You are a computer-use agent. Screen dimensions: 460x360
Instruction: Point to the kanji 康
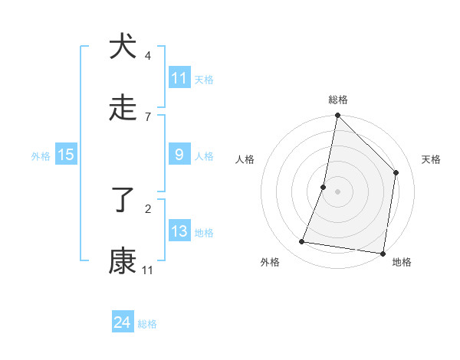[x=122, y=261]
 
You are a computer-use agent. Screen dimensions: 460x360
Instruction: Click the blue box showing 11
[x=179, y=78]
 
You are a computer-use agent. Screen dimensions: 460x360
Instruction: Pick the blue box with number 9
[x=179, y=155]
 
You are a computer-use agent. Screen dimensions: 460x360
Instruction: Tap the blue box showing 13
[x=179, y=231]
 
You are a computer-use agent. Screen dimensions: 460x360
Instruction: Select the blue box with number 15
[x=66, y=155]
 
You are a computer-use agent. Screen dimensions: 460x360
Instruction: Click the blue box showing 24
[x=123, y=322]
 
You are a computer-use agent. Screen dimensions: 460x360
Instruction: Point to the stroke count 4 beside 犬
[x=147, y=56]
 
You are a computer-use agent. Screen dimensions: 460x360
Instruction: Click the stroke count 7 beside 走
[x=147, y=116]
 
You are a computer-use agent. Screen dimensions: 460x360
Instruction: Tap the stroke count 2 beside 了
[x=147, y=208]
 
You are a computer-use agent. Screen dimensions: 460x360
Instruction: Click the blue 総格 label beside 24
[x=147, y=324]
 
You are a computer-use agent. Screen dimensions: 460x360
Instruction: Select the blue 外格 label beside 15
[x=41, y=155]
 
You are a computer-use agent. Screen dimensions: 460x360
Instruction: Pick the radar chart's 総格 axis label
[x=338, y=100]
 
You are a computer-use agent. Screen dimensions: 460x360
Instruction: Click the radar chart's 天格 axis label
[x=431, y=159]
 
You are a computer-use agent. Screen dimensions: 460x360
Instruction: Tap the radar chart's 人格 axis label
[x=245, y=159]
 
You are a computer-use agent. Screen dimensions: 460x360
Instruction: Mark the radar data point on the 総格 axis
[x=337, y=116]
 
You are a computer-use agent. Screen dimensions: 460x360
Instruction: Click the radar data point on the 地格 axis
[x=383, y=253]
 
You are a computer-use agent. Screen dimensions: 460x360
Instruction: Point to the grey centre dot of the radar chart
[x=337, y=191]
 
